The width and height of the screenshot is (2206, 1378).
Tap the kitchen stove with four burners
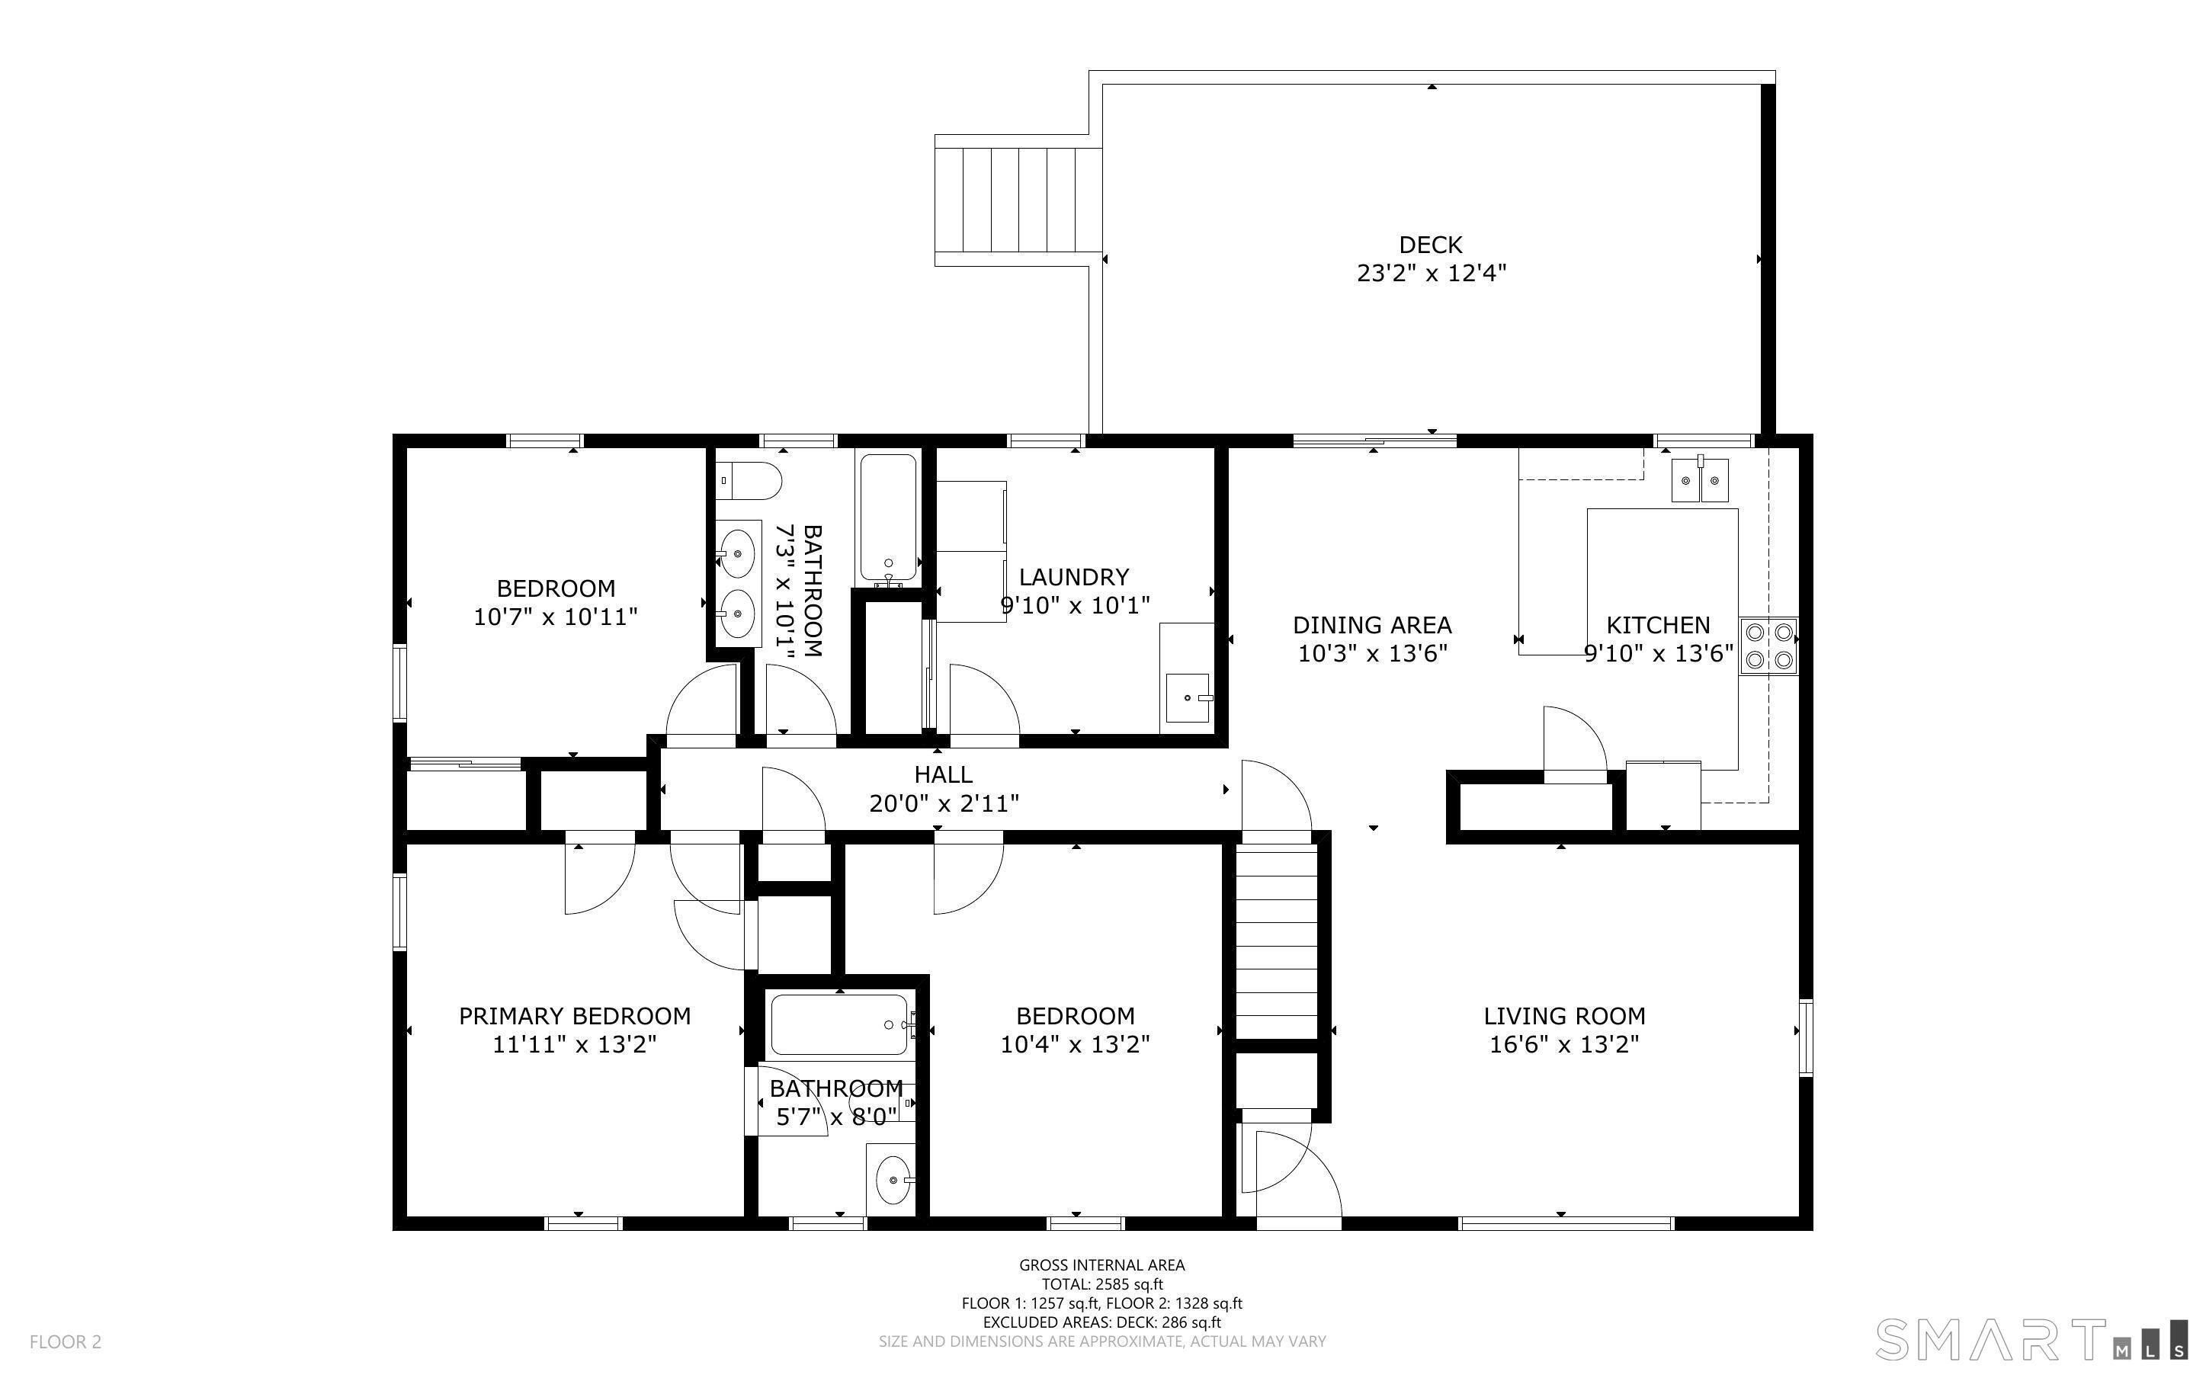(x=1768, y=646)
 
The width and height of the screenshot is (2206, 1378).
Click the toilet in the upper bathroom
(x=749, y=480)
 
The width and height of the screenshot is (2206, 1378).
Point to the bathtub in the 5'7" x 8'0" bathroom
(x=839, y=1024)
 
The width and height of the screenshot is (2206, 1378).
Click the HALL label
(x=943, y=774)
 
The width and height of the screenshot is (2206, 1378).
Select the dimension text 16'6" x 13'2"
(x=1563, y=1044)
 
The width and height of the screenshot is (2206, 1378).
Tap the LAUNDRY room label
(x=1073, y=577)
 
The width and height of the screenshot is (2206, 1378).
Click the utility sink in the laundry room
(x=1188, y=698)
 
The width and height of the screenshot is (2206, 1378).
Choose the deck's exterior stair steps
(x=1018, y=200)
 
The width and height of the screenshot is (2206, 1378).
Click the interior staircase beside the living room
(x=1277, y=939)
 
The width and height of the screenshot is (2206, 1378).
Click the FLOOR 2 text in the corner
(x=66, y=1341)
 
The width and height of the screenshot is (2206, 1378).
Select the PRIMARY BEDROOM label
(x=574, y=1015)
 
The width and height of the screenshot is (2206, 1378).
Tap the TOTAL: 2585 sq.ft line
(x=1101, y=1284)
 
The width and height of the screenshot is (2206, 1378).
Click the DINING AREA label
(x=1371, y=625)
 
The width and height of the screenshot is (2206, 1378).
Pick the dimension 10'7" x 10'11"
(x=555, y=617)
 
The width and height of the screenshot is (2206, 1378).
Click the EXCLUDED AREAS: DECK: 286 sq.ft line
(x=1101, y=1322)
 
